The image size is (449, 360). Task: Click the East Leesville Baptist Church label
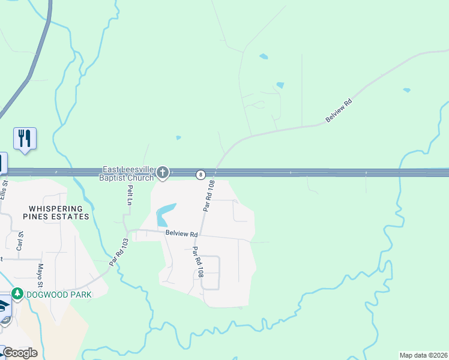tap(128, 173)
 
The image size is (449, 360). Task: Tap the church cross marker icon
tap(162, 173)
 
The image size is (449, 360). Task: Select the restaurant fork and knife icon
tap(25, 138)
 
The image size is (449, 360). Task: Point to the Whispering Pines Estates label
tap(55, 212)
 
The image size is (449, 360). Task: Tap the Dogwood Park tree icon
tap(18, 294)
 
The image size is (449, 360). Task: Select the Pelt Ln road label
tap(130, 195)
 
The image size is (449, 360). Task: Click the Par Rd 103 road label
tap(119, 252)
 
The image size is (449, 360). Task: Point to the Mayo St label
tap(41, 275)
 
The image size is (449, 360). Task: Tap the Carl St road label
tap(20, 240)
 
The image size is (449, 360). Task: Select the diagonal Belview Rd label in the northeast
tap(338, 111)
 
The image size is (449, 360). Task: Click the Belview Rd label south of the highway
tap(181, 233)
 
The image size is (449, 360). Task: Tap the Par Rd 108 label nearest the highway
tap(208, 197)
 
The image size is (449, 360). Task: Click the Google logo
tap(20, 353)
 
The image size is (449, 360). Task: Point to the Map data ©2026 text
tap(423, 355)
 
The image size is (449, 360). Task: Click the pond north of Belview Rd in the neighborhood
tap(166, 214)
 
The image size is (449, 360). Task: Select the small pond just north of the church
tap(178, 138)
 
